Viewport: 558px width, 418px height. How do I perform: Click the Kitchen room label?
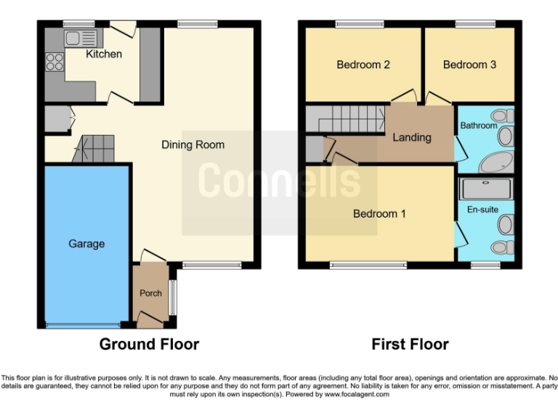point(104,54)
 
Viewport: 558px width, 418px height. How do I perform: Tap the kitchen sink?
point(80,38)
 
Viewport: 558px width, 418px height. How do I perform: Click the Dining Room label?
point(193,144)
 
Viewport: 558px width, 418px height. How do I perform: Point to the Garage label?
point(86,244)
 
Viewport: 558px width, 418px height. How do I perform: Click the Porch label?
point(150,293)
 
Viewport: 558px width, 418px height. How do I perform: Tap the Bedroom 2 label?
point(363,65)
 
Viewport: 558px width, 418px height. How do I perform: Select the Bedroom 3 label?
point(469,65)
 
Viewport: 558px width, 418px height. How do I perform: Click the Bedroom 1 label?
point(379,214)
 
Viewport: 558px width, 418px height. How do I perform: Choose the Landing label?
point(412,137)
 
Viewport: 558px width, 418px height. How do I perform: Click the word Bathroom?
point(479,126)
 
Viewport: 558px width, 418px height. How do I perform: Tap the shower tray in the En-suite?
point(488,190)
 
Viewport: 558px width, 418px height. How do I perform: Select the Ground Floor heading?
point(149,344)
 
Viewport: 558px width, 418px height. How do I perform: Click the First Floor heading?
point(410,344)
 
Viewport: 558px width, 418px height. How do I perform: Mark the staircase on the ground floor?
point(97,149)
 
